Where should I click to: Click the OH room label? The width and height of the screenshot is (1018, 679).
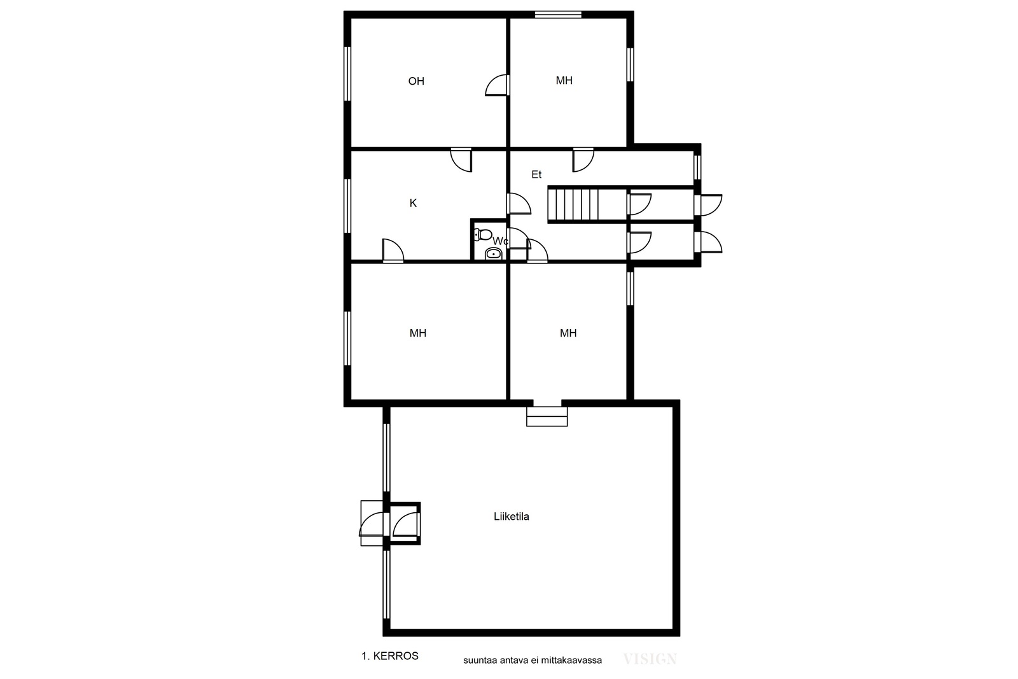tap(416, 81)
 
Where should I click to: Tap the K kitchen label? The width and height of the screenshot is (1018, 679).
tap(413, 203)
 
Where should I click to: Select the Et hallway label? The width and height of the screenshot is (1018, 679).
tap(536, 174)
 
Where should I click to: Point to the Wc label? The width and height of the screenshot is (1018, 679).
tap(500, 241)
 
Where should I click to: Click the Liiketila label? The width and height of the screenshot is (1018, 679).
tap(512, 517)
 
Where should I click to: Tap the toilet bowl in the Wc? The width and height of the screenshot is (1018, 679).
tap(483, 235)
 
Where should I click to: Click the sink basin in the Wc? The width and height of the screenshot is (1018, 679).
tap(493, 254)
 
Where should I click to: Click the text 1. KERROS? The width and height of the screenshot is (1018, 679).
tap(390, 656)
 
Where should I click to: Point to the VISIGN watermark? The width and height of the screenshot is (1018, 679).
tap(650, 659)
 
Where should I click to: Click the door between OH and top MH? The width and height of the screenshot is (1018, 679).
tap(497, 85)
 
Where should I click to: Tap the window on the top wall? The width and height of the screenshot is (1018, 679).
tap(558, 15)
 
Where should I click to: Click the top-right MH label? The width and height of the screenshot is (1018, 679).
tap(564, 81)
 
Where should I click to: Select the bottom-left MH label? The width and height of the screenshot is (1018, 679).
tap(417, 333)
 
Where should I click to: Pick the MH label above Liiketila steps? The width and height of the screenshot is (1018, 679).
tap(568, 333)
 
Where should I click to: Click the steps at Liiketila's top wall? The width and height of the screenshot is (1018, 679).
tap(547, 416)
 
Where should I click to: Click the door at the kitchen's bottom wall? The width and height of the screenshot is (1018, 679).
tap(393, 251)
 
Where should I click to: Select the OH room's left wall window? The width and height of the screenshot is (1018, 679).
tap(347, 74)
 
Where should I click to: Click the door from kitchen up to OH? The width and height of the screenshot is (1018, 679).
tap(461, 160)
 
